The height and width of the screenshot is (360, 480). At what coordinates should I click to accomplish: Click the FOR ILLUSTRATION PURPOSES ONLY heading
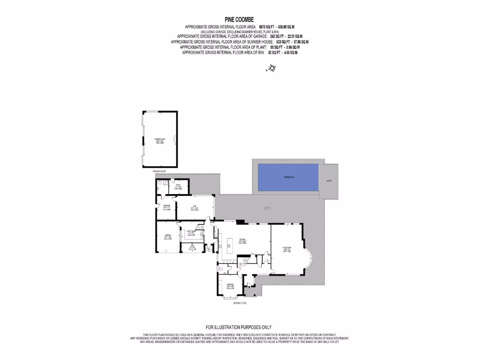[239, 327]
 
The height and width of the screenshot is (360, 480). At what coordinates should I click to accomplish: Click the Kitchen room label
[243, 242]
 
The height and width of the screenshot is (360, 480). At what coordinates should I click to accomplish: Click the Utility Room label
[191, 232]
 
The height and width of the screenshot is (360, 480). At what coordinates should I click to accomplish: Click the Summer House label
[159, 141]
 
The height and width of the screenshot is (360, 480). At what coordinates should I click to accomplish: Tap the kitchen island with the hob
[230, 245]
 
